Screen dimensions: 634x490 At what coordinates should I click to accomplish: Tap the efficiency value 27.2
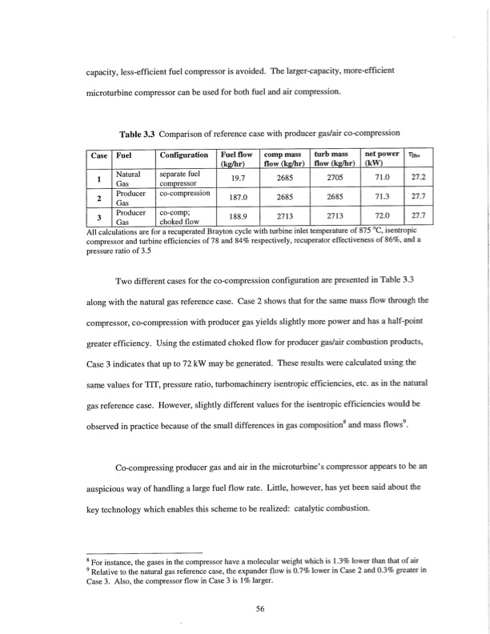click(x=417, y=180)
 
